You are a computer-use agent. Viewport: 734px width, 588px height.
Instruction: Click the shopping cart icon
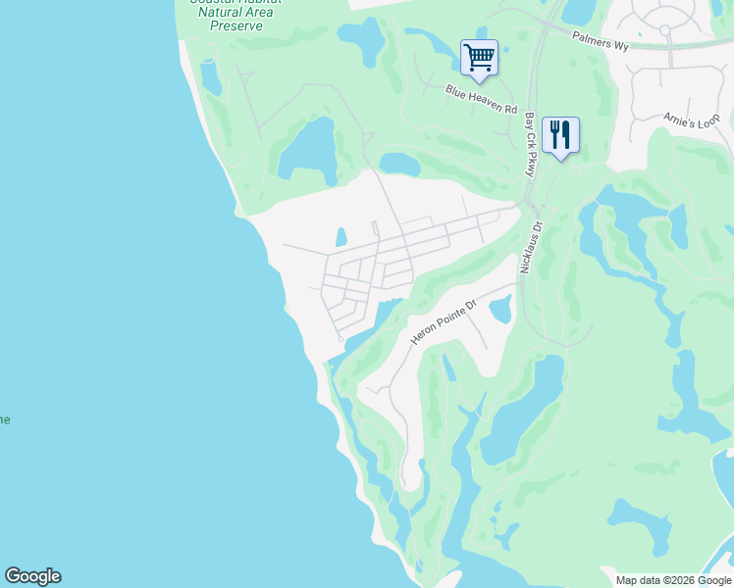pyautogui.click(x=479, y=57)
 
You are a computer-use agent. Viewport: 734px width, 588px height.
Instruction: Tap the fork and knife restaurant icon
pyautogui.click(x=560, y=134)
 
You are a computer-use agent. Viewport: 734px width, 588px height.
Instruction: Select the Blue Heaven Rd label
pyautogui.click(x=481, y=98)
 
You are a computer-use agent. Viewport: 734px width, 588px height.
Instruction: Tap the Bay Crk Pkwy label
pyautogui.click(x=531, y=144)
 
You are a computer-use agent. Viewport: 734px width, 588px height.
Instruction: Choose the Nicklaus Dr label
pyautogui.click(x=531, y=246)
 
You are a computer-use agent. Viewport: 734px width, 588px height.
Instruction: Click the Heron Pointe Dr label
pyautogui.click(x=443, y=319)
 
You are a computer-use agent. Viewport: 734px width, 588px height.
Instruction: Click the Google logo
pyautogui.click(x=32, y=576)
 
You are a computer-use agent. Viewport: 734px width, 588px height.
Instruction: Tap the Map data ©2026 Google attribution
pyautogui.click(x=672, y=580)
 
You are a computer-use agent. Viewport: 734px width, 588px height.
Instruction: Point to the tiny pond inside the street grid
pyautogui.click(x=341, y=237)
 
